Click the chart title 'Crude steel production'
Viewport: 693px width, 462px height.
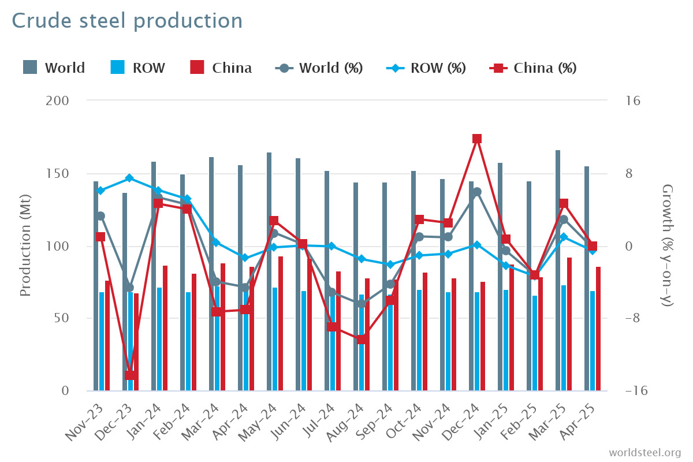pyautogui.click(x=127, y=21)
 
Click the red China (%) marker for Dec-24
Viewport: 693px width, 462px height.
pyautogui.click(x=477, y=139)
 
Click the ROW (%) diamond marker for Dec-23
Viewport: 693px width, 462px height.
pyautogui.click(x=129, y=178)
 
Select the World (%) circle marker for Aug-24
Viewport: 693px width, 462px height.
pyautogui.click(x=360, y=304)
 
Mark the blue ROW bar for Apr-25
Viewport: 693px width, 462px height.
pyautogui.click(x=593, y=341)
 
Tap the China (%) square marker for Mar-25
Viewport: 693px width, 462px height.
pyautogui.click(x=564, y=203)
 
